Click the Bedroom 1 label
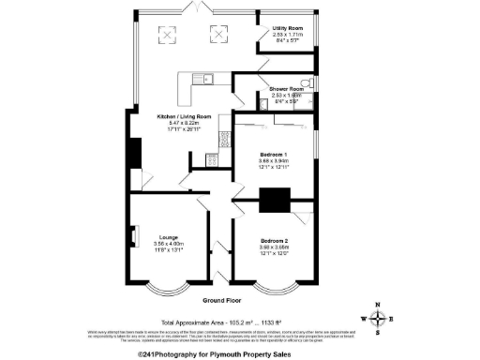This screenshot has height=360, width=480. (276, 154)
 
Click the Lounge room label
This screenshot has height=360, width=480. (169, 237)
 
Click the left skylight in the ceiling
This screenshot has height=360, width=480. (170, 35)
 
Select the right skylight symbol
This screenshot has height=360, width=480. (221, 35)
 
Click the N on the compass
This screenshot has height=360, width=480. (377, 305)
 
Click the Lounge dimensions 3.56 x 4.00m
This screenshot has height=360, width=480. (169, 244)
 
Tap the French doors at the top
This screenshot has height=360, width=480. (197, 8)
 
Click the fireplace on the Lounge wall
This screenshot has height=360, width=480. (136, 234)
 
